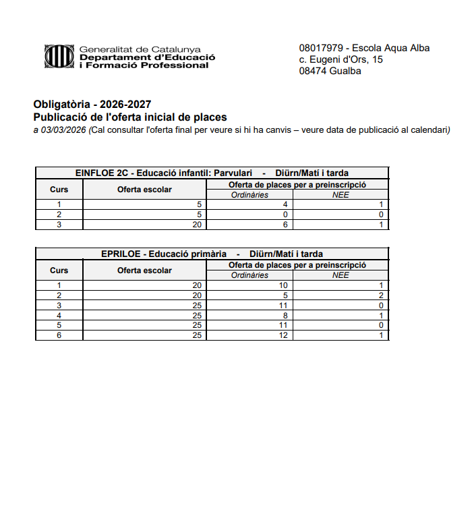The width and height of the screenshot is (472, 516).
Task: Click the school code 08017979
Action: point(320,48)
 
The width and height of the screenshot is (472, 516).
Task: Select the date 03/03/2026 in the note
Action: point(63,130)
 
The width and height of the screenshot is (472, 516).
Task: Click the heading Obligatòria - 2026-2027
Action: point(92,105)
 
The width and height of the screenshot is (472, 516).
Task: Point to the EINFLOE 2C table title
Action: point(212,173)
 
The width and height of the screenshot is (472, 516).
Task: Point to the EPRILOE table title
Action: point(212,254)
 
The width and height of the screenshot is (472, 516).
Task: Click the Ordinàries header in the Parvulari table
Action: point(249,195)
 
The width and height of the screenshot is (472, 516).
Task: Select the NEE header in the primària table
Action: point(341,275)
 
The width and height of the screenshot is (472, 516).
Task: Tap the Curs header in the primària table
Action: point(59,270)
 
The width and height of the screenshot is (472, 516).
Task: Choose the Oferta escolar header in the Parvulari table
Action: point(144,190)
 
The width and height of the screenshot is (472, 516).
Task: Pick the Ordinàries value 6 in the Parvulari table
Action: point(286,225)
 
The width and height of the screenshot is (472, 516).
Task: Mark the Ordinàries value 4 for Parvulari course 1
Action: point(286,204)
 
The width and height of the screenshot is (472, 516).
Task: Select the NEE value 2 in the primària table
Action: point(381,295)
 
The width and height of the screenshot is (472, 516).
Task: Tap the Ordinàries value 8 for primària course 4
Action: point(286,315)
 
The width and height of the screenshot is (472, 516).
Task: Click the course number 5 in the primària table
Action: point(59,325)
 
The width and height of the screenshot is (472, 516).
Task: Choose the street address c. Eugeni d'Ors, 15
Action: point(341,59)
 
